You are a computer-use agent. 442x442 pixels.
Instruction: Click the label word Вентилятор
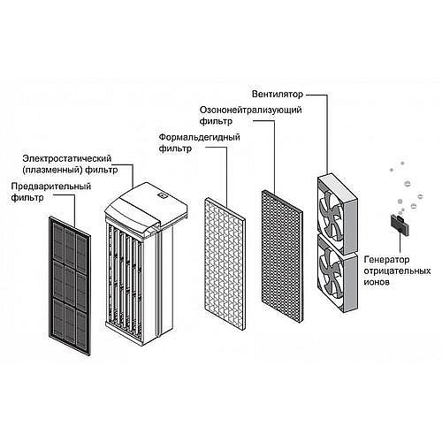click(x=277, y=95)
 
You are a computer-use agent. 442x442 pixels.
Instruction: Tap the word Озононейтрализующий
click(x=250, y=110)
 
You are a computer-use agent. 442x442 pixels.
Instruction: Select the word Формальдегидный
click(x=199, y=138)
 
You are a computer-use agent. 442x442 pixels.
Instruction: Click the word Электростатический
click(x=67, y=158)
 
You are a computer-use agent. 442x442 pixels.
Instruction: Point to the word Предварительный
click(x=51, y=187)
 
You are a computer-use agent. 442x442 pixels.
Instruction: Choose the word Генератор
click(x=386, y=260)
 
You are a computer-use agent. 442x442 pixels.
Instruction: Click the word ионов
click(x=377, y=282)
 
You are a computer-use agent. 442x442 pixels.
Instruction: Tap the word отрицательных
click(x=397, y=271)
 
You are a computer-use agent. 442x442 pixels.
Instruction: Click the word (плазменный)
click(x=52, y=170)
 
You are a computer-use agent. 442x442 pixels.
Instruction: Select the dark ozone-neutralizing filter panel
click(x=282, y=256)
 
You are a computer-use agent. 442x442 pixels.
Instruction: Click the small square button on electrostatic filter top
click(x=163, y=195)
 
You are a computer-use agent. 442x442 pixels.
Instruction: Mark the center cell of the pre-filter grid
click(x=70, y=282)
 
